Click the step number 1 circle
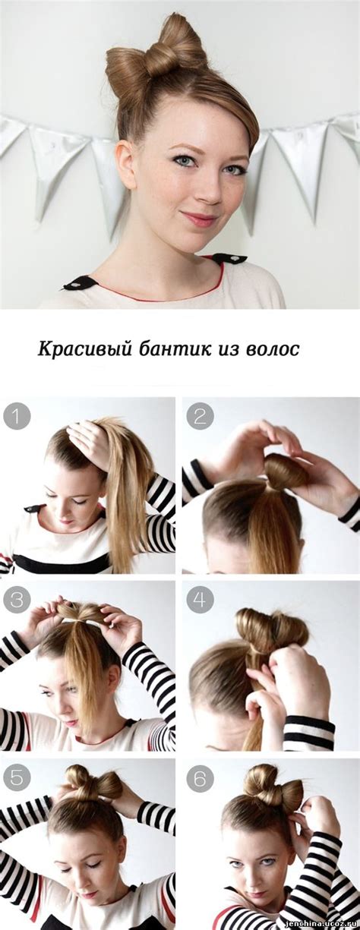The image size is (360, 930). pos(17,415)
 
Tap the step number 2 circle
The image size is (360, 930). pos(200,415)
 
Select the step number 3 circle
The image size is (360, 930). pos(17,600)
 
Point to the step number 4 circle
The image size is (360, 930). pos(200,600)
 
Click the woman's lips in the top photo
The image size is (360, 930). pos(199,219)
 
